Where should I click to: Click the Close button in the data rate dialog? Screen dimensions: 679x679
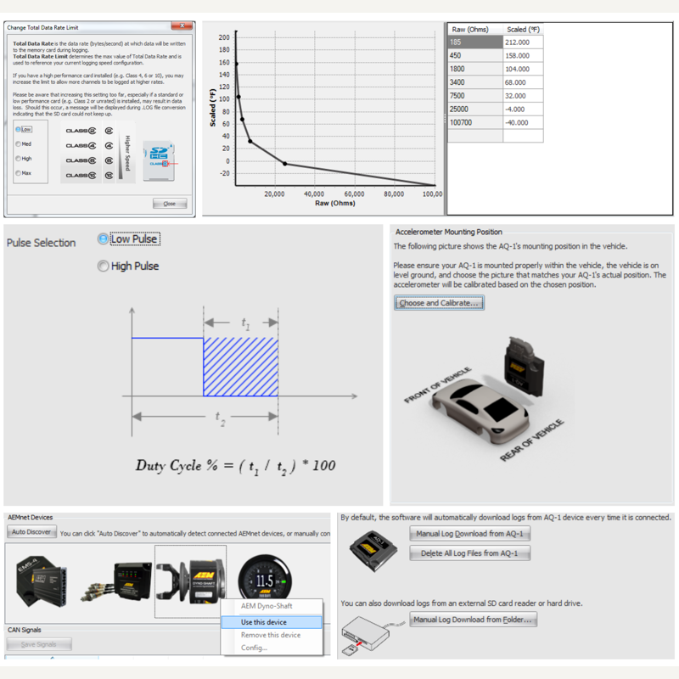click(x=169, y=204)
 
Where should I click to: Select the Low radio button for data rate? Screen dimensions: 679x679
click(x=18, y=129)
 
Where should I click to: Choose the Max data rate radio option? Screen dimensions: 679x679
click(x=18, y=173)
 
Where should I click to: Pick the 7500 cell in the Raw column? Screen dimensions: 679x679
click(x=474, y=96)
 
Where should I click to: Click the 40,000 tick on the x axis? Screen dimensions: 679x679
click(x=314, y=194)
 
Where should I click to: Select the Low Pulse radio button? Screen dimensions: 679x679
click(x=104, y=239)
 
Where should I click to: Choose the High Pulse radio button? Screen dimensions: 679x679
click(x=104, y=266)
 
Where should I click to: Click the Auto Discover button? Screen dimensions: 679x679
click(x=31, y=533)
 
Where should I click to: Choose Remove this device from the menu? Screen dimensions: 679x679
click(x=270, y=635)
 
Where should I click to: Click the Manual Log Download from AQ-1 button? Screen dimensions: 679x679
click(x=469, y=534)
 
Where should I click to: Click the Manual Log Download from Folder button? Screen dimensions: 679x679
click(x=473, y=620)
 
